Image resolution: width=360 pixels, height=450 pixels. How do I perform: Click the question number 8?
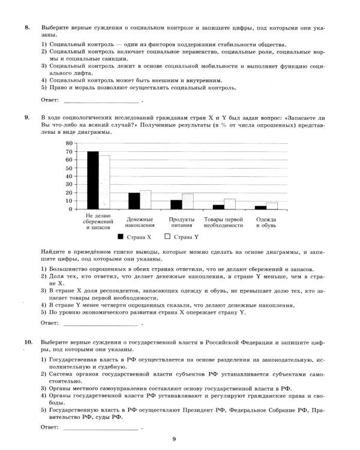(27, 28)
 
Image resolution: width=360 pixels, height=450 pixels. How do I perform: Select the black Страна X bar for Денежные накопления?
(134, 200)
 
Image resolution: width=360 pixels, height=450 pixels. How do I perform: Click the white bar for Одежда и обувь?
(272, 205)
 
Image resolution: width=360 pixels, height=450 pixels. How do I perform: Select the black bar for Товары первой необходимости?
(218, 206)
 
